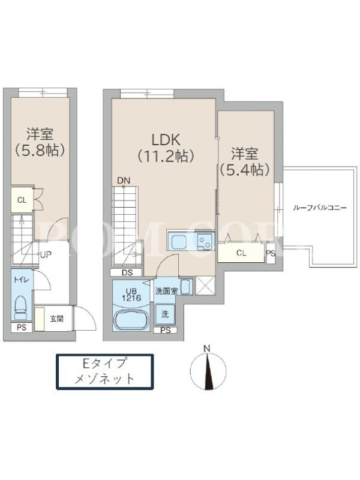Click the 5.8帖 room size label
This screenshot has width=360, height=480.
pyautogui.click(x=40, y=149)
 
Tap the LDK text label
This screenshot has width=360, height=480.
pyautogui.click(x=166, y=140)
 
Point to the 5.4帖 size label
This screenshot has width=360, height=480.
pyautogui.click(x=245, y=169)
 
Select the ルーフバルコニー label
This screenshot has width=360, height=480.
pyautogui.click(x=320, y=208)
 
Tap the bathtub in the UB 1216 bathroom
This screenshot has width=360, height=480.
pyautogui.click(x=131, y=319)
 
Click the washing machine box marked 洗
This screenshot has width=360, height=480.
pyautogui.click(x=165, y=314)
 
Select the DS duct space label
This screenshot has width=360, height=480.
pyautogui.click(x=127, y=272)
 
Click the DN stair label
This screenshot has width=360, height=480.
pyautogui.click(x=124, y=181)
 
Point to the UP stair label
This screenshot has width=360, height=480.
pyautogui.click(x=46, y=254)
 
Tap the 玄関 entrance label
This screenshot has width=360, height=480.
pyautogui.click(x=56, y=319)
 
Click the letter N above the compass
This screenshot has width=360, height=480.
pyautogui.click(x=207, y=349)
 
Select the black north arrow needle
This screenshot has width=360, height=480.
pyautogui.click(x=209, y=371)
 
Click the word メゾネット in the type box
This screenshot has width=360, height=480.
pyautogui.click(x=104, y=379)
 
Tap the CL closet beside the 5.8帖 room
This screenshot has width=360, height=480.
pyautogui.click(x=22, y=200)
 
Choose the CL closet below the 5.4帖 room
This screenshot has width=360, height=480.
pyautogui.click(x=241, y=253)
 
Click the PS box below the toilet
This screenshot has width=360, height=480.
pyautogui.click(x=22, y=327)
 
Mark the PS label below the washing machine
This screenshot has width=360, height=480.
pyautogui.click(x=166, y=330)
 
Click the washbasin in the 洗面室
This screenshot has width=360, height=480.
pyautogui.click(x=186, y=287)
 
